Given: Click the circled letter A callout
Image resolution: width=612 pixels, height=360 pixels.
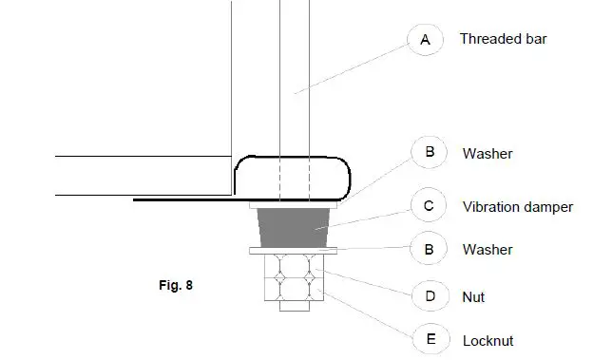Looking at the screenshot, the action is tap(425, 39).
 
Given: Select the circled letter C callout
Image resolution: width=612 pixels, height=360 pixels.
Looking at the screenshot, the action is tap(429, 206).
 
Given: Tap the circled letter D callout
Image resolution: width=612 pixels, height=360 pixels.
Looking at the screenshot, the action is tap(430, 297).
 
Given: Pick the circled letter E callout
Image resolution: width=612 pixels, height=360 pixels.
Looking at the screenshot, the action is tap(430, 339).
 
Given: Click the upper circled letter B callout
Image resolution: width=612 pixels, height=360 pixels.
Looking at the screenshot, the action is tap(429, 152).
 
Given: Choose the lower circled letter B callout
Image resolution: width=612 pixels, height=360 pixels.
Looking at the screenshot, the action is tap(429, 250).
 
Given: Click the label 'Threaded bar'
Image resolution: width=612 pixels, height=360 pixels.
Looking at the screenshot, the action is tap(503, 40).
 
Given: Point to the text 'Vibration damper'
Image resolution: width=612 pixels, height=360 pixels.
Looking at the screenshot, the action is tap(517, 207).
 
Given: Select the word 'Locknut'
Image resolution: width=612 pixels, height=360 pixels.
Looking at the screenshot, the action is tap(488, 340).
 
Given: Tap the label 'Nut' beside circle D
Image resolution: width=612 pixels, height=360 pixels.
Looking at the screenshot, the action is tap(473, 298).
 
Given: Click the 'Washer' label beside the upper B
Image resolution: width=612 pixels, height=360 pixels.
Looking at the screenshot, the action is tap(488, 153).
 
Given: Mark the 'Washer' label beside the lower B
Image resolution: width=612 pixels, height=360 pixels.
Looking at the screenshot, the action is tap(488, 251).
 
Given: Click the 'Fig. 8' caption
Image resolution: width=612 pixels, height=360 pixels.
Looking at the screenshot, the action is tap(176, 283).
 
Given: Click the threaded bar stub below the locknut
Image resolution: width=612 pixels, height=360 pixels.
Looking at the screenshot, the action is tap(296, 306).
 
